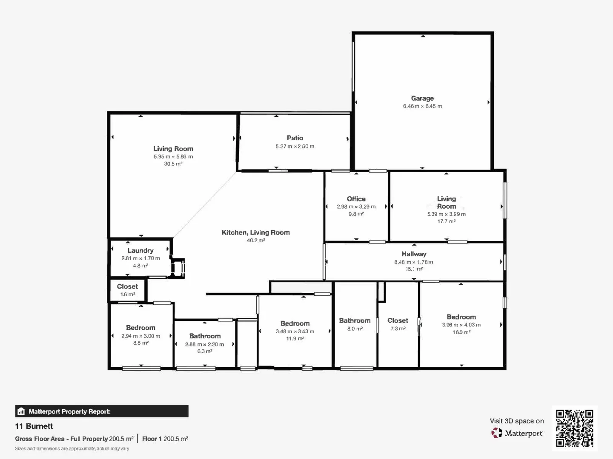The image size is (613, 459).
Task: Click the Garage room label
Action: (422, 98)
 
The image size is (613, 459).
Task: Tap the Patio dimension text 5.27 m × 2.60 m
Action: (295, 146)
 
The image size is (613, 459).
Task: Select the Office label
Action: (356, 199)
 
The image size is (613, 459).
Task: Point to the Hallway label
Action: (414, 254)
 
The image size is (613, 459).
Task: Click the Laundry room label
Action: (140, 251)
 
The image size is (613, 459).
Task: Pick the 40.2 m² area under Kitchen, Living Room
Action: (255, 241)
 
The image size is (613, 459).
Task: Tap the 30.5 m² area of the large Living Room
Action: (173, 164)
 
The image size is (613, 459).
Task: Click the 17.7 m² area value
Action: (446, 221)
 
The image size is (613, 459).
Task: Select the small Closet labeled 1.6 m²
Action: (127, 290)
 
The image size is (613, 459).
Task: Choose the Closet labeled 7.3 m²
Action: (398, 324)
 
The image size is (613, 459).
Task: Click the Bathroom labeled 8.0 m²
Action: (355, 324)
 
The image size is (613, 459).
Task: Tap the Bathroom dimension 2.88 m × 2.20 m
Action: (204, 344)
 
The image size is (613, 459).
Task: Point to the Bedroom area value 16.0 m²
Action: (461, 332)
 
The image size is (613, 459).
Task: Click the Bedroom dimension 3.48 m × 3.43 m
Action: (295, 331)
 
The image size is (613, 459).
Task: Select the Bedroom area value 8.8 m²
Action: (140, 343)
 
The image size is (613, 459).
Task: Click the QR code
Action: (574, 428)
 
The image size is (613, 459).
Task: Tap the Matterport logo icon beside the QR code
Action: (496, 433)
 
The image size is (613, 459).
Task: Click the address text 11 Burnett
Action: (34, 426)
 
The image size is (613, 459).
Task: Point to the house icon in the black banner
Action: (21, 411)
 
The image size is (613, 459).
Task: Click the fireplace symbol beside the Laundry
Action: (178, 268)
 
